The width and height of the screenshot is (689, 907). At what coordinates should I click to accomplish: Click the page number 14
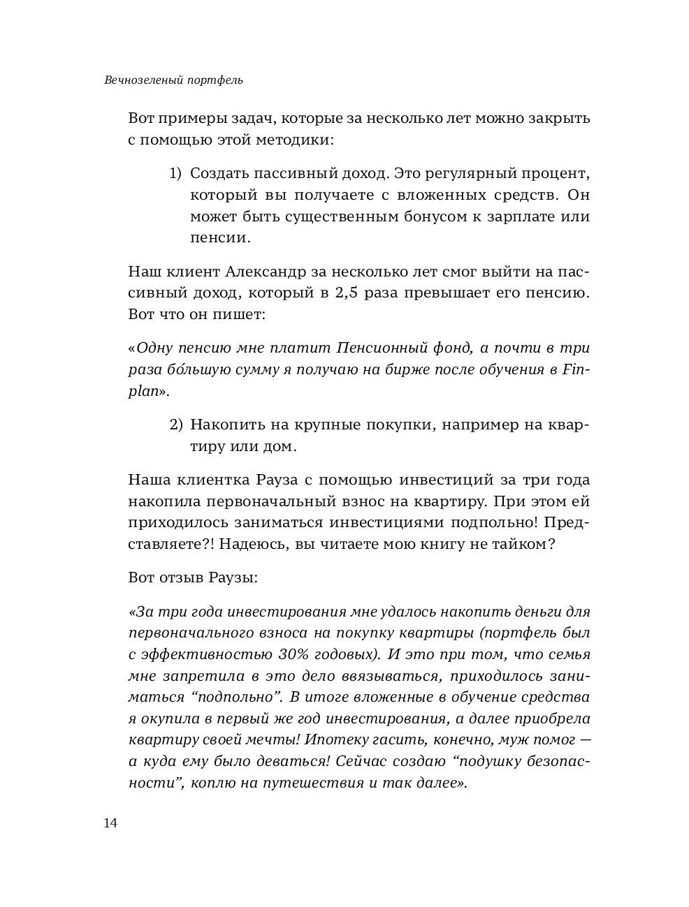110,823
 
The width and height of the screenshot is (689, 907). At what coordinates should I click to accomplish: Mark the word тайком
516,544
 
